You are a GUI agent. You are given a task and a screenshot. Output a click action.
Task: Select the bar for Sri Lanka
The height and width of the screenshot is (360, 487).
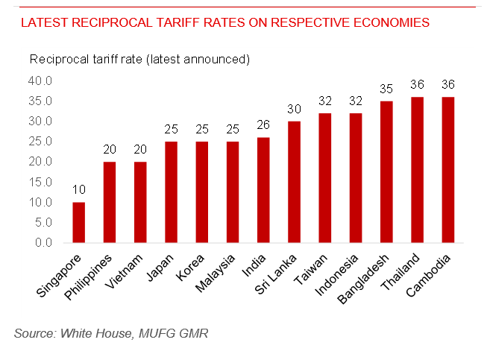click(295, 182)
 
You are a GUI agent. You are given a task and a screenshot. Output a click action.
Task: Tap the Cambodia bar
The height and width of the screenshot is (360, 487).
click(447, 170)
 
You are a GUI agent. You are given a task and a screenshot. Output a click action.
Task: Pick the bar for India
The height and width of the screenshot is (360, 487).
click(264, 190)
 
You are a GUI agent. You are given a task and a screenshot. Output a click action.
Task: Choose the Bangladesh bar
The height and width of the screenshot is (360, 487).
click(386, 172)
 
